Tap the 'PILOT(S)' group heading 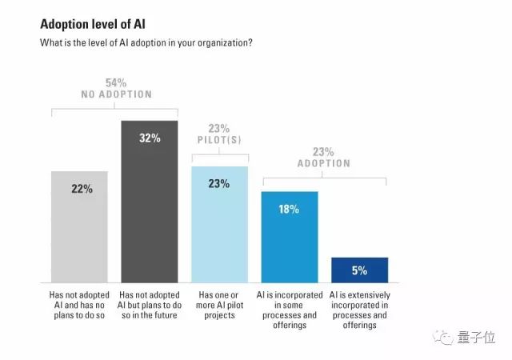click(218, 139)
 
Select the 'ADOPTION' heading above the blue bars click(324, 163)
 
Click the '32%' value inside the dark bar click(149, 138)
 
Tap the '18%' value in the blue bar click(289, 209)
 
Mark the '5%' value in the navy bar click(358, 270)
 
